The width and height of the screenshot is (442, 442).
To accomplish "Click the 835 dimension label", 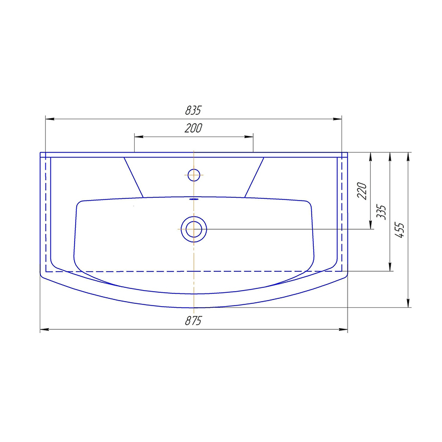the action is [x=193, y=110].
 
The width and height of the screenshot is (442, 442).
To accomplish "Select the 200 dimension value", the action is [x=193, y=128].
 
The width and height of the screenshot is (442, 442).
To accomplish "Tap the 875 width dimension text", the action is [x=193, y=320].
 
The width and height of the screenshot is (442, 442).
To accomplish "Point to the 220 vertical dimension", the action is [x=362, y=191].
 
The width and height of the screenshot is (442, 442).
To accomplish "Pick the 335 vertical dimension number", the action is [x=381, y=212].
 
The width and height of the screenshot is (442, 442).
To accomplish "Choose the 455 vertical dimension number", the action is [x=400, y=230].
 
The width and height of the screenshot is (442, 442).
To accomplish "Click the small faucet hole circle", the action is [x=194, y=175].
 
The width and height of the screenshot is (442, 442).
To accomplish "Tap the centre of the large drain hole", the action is [x=194, y=229].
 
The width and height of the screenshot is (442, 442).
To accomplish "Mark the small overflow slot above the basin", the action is [x=194, y=199].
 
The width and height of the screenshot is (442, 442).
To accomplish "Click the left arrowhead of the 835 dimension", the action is [x=50, y=119].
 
